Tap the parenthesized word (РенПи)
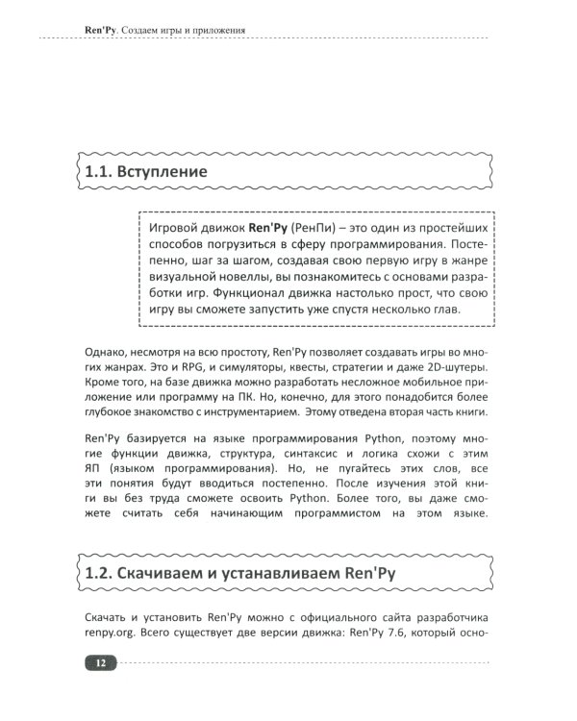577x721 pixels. click(312, 228)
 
